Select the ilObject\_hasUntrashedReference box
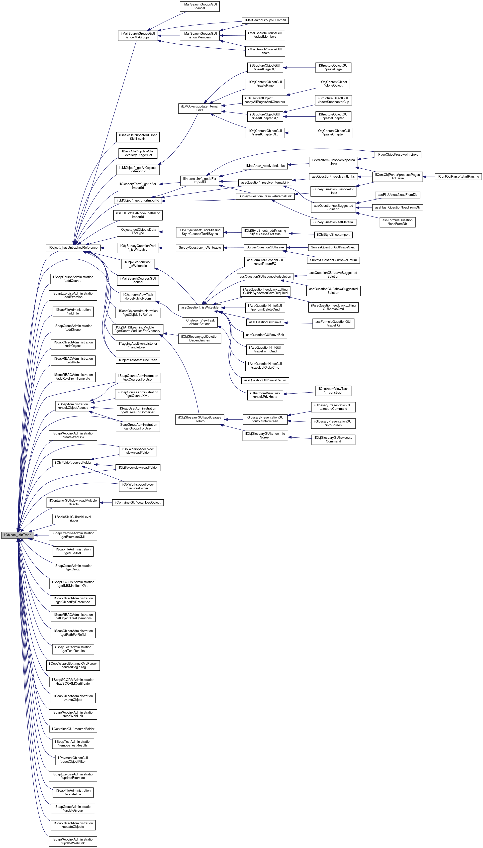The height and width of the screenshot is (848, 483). pyautogui.click(x=73, y=247)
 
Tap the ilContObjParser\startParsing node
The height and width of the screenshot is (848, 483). pyautogui.click(x=458, y=177)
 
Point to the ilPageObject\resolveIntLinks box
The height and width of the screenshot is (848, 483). pyautogui.click(x=397, y=155)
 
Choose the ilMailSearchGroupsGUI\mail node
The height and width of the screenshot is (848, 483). pyautogui.click(x=265, y=20)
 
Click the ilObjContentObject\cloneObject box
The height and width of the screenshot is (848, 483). pyautogui.click(x=333, y=84)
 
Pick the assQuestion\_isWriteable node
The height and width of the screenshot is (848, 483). pyautogui.click(x=200, y=308)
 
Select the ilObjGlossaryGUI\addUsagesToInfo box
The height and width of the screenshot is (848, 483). pyautogui.click(x=200, y=419)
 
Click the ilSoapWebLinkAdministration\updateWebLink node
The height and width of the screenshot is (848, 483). pyautogui.click(x=73, y=841)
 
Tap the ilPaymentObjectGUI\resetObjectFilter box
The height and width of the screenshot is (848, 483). pyautogui.click(x=73, y=760)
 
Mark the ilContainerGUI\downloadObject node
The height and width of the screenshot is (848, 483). pyautogui.click(x=138, y=503)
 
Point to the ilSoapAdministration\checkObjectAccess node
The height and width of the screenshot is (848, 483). pyautogui.click(x=73, y=406)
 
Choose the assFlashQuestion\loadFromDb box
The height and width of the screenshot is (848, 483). pyautogui.click(x=397, y=207)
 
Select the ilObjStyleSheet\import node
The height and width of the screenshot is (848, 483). pyautogui.click(x=333, y=234)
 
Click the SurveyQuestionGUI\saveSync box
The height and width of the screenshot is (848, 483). pyautogui.click(x=333, y=247)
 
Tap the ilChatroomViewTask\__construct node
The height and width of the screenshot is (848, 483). pyautogui.click(x=333, y=391)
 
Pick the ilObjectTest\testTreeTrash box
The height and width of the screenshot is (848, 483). pyautogui.click(x=138, y=360)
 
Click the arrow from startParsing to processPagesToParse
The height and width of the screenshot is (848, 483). pyautogui.click(x=429, y=177)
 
